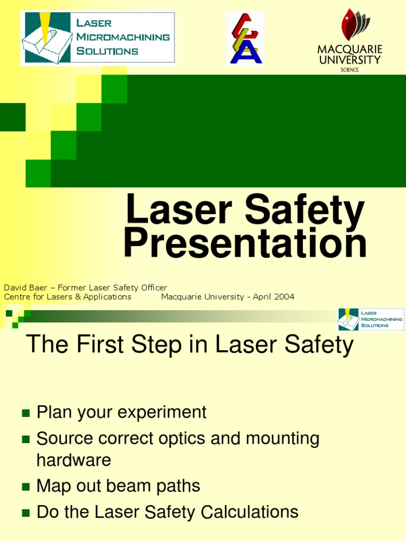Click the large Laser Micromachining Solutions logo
point(97,38)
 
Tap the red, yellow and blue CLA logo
point(245,38)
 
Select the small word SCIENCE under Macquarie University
point(349,70)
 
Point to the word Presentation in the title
point(245,243)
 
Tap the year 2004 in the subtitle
point(284,297)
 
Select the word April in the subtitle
point(262,297)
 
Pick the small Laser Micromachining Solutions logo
point(371,319)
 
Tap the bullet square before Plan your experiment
point(25,413)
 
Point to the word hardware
point(73,460)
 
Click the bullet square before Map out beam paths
point(25,486)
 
